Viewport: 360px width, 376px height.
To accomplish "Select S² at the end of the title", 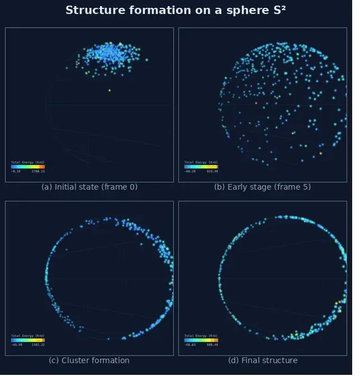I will click(280, 11).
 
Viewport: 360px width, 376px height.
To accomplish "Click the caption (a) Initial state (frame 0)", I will click(89, 187).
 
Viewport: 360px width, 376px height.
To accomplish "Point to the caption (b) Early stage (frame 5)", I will click(263, 187).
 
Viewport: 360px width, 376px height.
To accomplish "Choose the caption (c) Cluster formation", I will click(89, 360).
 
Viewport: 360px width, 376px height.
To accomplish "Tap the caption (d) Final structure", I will click(263, 360).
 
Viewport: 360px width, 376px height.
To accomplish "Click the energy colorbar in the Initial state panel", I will click(28, 167).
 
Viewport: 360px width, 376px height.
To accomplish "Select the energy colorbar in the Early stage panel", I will click(201, 167).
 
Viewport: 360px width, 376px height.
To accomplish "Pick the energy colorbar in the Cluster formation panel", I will click(28, 340).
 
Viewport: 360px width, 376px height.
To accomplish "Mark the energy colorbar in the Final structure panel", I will click(201, 340).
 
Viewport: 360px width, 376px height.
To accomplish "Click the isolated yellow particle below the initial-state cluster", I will click(110, 90).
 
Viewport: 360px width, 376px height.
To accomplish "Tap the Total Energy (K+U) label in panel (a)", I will click(28, 162).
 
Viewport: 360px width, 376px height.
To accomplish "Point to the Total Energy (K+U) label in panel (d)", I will click(201, 336).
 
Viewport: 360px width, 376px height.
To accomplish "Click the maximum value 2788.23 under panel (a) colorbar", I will click(39, 171).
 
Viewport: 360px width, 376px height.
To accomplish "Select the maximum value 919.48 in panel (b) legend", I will click(212, 171).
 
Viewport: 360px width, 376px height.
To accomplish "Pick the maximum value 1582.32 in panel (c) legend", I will click(39, 345).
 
